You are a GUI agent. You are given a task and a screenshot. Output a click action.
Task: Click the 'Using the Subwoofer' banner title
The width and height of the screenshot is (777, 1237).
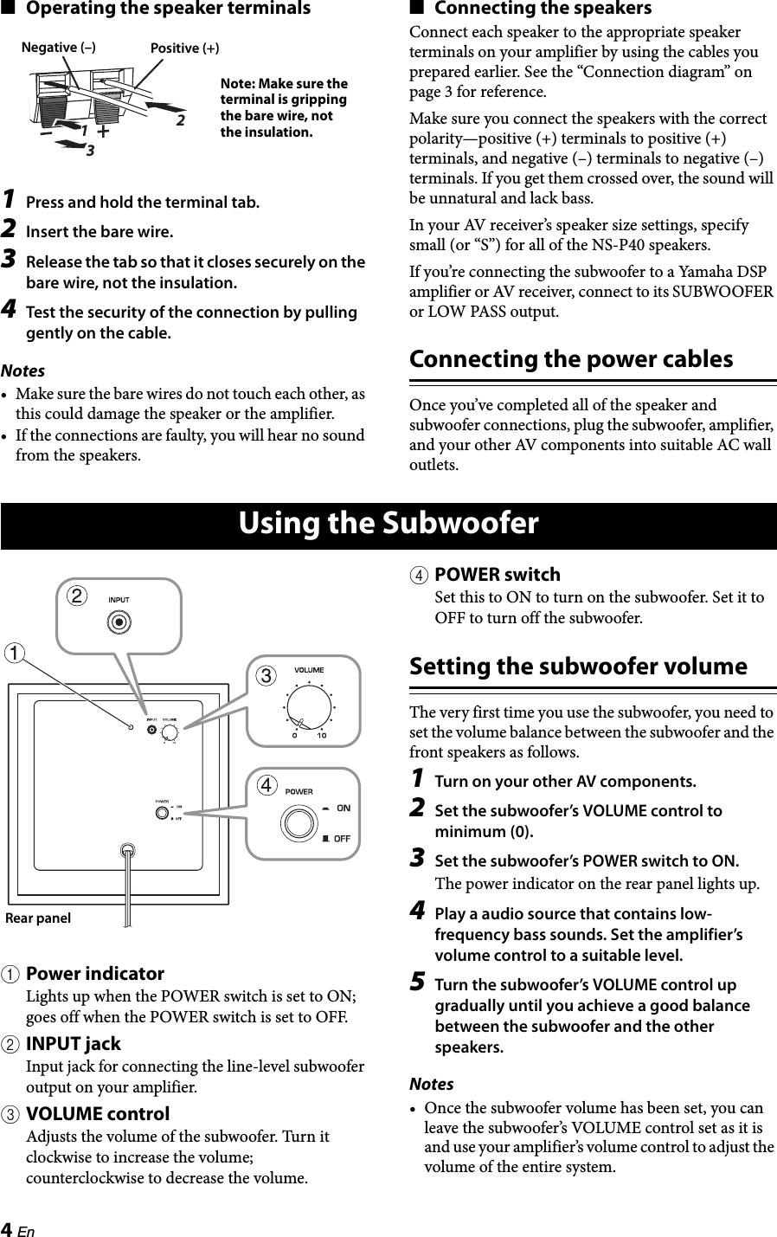point(388,525)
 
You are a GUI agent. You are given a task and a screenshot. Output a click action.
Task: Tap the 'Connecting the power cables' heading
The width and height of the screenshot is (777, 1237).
point(570,359)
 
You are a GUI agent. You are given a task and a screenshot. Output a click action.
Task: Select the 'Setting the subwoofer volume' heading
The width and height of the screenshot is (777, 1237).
point(577,667)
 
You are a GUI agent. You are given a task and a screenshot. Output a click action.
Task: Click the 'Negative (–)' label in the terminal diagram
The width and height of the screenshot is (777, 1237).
point(58,48)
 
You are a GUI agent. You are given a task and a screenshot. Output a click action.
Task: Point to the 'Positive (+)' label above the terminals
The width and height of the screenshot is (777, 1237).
point(184,48)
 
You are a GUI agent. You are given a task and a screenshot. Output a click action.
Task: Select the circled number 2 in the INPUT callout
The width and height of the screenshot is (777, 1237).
point(78,596)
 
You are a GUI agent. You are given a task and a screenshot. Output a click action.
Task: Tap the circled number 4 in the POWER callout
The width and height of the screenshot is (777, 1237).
point(268,785)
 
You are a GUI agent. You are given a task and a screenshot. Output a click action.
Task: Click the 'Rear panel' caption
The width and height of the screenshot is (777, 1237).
point(38,918)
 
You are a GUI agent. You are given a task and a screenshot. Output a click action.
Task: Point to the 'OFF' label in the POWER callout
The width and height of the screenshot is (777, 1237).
point(342,838)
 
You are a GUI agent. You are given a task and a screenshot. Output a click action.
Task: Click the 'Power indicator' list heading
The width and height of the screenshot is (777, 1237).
point(95,974)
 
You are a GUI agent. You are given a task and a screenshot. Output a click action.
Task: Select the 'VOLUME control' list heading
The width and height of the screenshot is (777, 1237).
point(98,1114)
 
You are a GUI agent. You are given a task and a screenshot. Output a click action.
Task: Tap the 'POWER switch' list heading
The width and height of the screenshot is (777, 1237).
point(497,575)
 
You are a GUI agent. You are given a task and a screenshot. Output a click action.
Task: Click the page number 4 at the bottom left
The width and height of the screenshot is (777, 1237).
point(7,1230)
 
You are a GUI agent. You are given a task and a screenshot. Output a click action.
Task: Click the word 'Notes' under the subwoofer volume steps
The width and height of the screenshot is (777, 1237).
point(431,1084)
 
